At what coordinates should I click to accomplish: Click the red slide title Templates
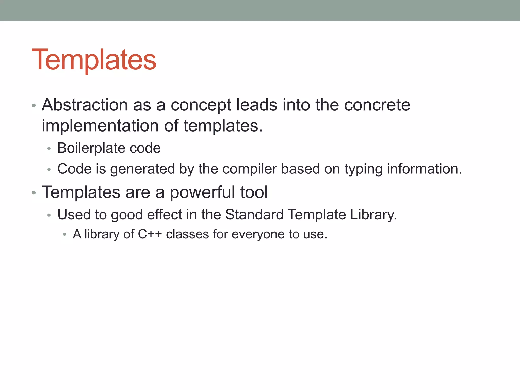(94, 60)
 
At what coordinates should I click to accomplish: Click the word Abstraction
(85, 105)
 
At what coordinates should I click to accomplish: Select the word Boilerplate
(91, 148)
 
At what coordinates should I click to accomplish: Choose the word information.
(424, 169)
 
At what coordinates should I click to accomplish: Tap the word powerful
(202, 192)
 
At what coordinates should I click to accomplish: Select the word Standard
(254, 215)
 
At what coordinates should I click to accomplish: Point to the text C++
(150, 234)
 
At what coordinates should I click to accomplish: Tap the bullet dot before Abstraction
(34, 105)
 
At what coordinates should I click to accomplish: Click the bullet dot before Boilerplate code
(49, 149)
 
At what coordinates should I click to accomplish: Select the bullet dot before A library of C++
(64, 235)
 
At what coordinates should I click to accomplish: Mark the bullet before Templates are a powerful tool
(34, 193)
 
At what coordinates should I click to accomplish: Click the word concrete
(377, 105)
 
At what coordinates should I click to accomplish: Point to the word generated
(143, 169)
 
